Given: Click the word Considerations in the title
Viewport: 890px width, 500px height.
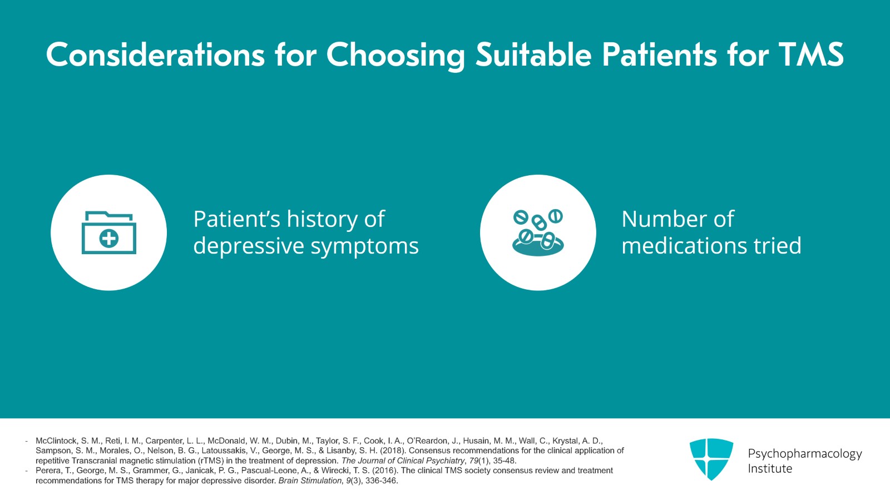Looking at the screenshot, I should click(155, 55).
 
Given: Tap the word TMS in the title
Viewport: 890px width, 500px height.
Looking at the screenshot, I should click(811, 55).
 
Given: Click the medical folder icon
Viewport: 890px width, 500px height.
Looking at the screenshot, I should click(109, 232).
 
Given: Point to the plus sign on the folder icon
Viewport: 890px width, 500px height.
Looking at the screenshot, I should click(109, 239).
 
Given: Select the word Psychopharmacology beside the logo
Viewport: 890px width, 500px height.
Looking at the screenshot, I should click(804, 453).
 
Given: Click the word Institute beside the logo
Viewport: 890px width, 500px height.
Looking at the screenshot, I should click(770, 468).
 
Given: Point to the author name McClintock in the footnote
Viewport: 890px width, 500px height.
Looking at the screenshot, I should click(56, 440).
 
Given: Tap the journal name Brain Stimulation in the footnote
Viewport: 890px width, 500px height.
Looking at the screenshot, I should click(310, 481).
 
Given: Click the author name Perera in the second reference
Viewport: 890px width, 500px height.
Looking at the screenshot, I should click(48, 471).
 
